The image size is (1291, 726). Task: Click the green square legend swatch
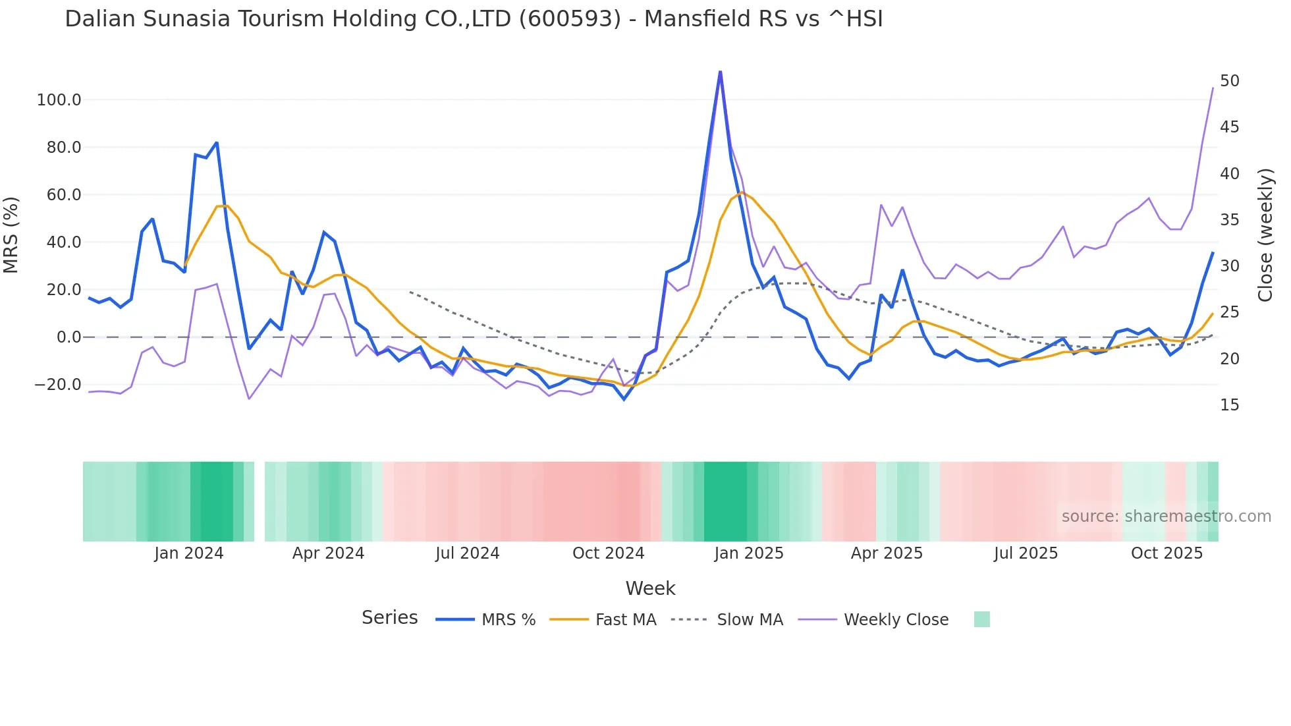[981, 619]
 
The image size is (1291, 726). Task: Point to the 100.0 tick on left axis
[59, 100]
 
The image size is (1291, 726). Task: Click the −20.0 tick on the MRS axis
[58, 385]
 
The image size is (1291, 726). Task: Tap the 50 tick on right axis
[1229, 81]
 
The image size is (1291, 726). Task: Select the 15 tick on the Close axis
[1229, 405]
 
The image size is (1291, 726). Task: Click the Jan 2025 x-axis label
[748, 553]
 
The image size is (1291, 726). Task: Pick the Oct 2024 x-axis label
[608, 553]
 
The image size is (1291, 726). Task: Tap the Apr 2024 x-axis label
[328, 553]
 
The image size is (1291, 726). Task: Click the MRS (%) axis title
[11, 235]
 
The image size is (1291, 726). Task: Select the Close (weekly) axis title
[1265, 235]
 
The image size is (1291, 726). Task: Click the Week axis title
[650, 588]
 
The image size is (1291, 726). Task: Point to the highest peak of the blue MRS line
[720, 71]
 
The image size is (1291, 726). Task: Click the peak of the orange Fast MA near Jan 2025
[742, 192]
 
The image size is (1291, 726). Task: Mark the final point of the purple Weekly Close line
[1213, 88]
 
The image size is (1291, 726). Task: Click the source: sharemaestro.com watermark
[1166, 517]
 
